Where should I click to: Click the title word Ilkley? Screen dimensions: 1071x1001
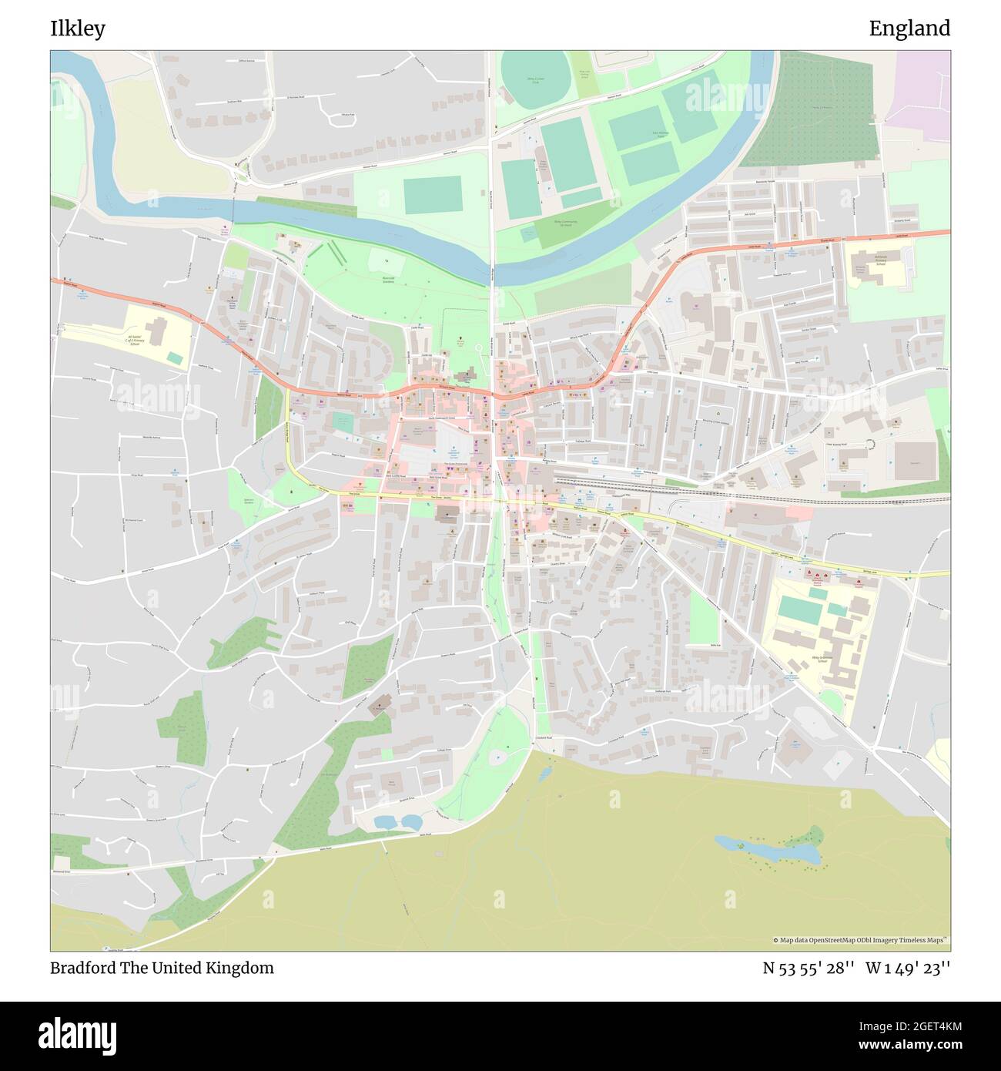click(x=78, y=29)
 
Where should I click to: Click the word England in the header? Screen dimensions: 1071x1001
click(x=909, y=29)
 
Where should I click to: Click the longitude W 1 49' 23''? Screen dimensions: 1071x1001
click(x=908, y=968)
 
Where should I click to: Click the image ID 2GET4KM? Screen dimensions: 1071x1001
click(x=906, y=1026)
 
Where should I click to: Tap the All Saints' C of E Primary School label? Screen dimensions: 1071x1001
click(x=135, y=341)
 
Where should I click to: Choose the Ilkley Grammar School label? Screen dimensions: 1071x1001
click(x=824, y=660)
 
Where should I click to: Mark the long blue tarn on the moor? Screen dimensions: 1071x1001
click(x=766, y=849)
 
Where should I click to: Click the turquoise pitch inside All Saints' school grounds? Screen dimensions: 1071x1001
click(x=176, y=358)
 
